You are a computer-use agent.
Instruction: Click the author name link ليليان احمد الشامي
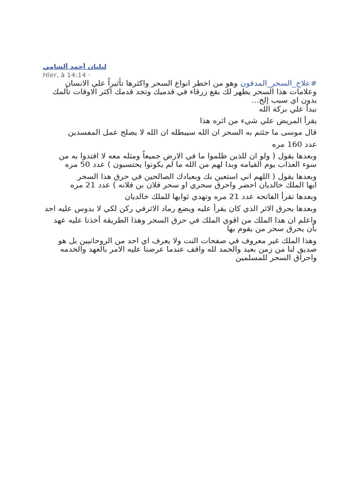[x=75, y=67]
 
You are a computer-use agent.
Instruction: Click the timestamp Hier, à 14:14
[x=65, y=75]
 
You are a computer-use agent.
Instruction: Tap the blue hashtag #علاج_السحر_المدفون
[x=278, y=83]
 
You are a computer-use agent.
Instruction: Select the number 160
[x=295, y=144]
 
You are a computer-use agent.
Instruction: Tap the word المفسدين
[x=89, y=132]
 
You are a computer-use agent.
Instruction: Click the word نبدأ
[x=309, y=109]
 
